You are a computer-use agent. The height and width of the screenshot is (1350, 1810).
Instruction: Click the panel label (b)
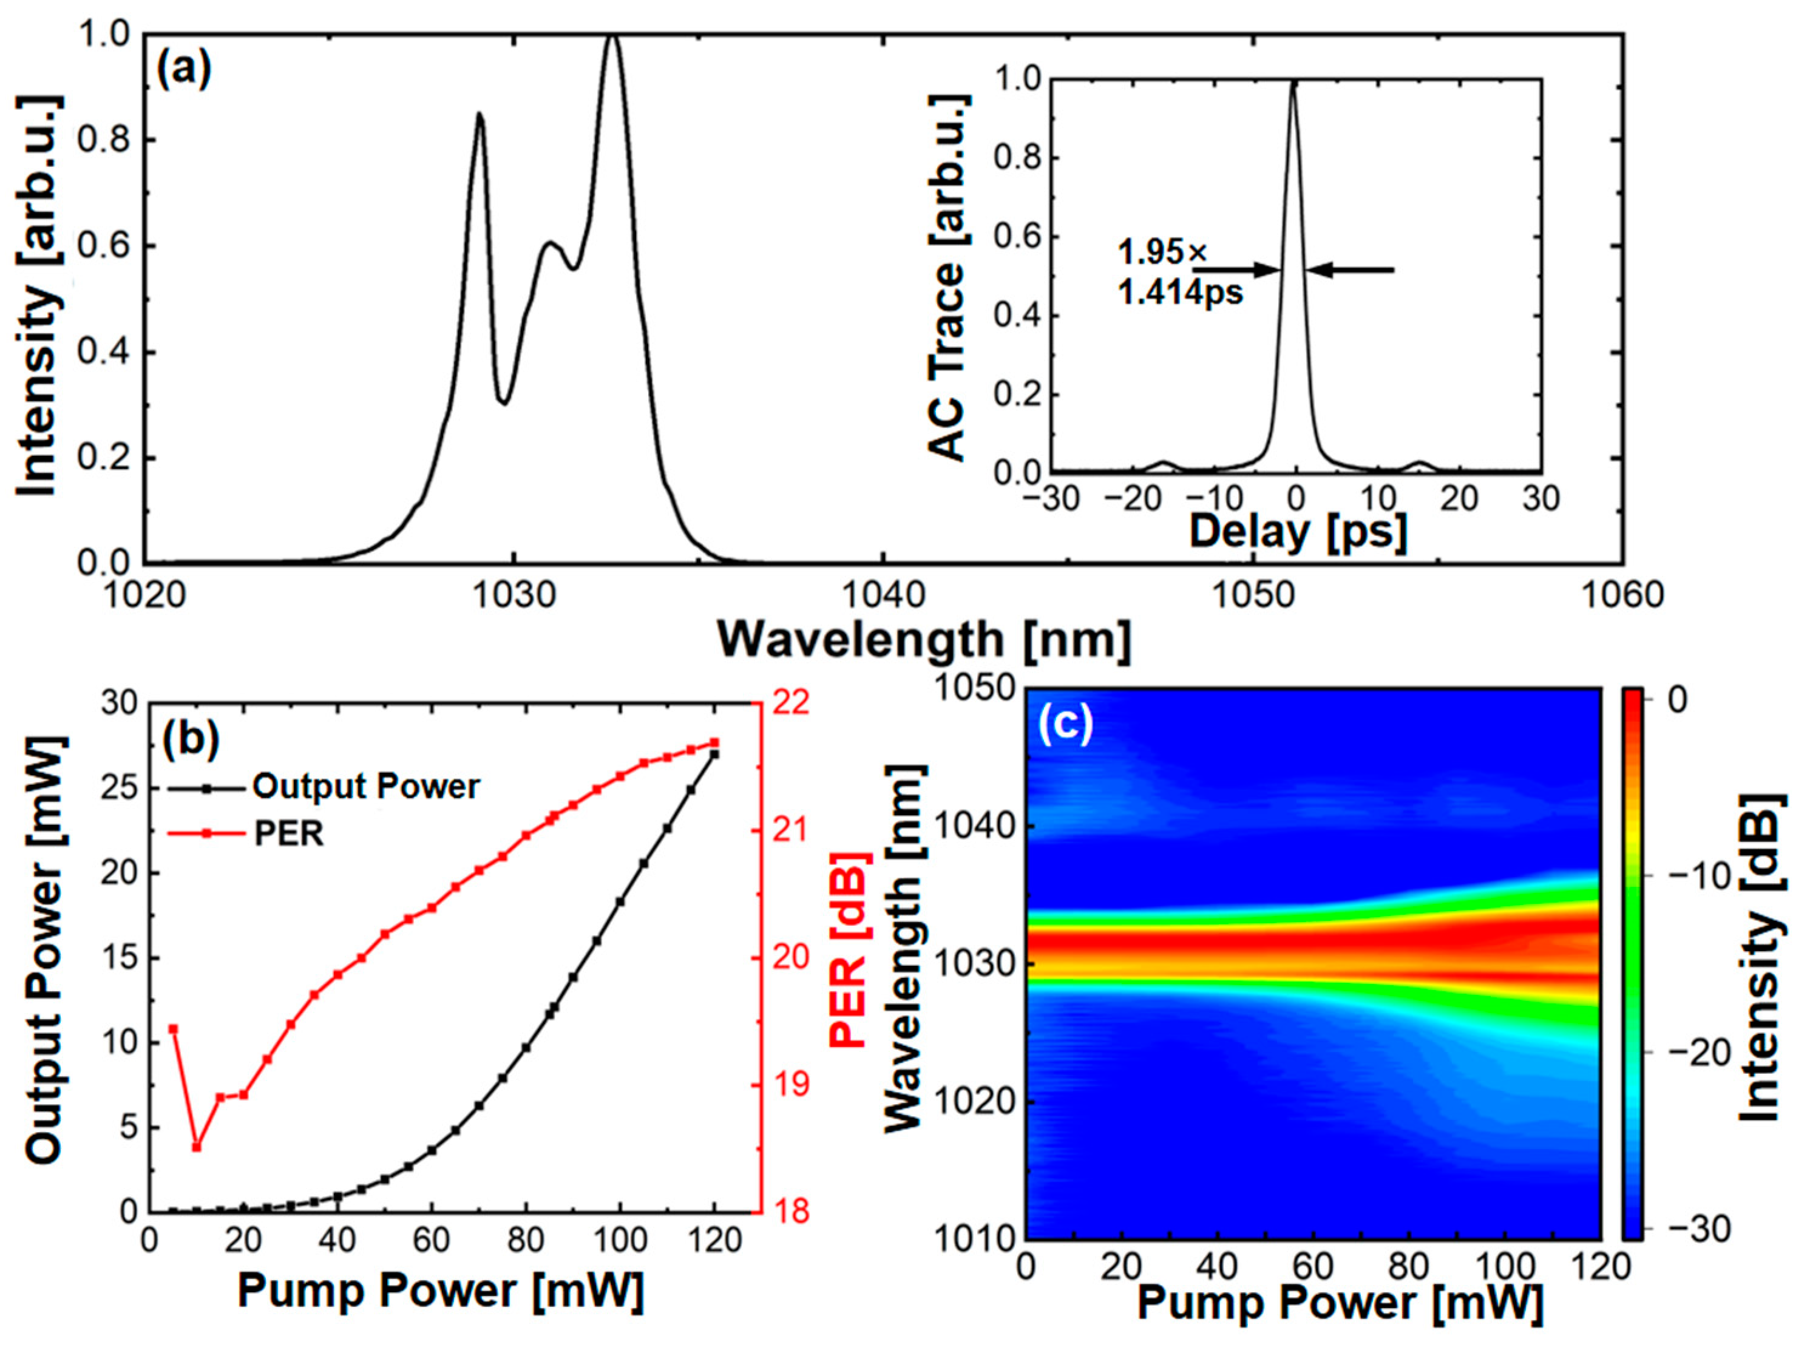(191, 739)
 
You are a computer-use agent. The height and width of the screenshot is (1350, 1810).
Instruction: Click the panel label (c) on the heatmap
(1065, 725)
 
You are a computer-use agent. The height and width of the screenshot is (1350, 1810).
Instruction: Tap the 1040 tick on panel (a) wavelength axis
(883, 595)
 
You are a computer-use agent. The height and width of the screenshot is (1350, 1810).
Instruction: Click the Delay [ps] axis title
(1297, 532)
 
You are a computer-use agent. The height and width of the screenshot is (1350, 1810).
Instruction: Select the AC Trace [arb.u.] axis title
(948, 278)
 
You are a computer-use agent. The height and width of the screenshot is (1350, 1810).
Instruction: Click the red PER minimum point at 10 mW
(196, 1147)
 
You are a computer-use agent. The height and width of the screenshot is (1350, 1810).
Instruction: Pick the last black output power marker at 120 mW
(714, 755)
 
